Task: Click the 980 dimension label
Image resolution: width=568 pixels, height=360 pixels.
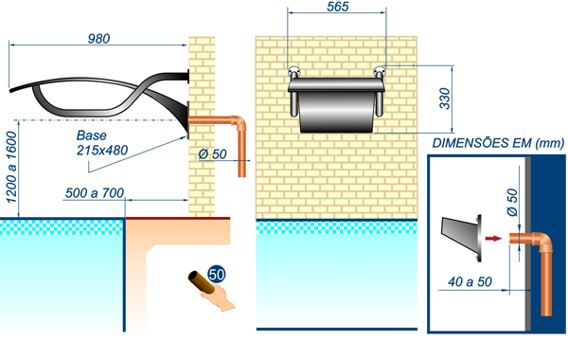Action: [x=98, y=39]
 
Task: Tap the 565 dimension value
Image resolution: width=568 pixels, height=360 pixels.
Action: [x=338, y=7]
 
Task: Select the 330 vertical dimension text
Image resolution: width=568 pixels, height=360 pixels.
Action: [x=445, y=99]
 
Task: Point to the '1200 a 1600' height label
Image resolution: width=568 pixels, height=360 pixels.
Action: [x=11, y=167]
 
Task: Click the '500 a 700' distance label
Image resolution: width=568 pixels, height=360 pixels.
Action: [x=95, y=193]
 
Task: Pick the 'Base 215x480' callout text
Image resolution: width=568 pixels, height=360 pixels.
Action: [x=102, y=143]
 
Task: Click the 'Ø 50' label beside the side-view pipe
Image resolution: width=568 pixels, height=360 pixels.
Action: [x=213, y=154]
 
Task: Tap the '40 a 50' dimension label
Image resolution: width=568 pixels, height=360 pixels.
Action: [x=470, y=281]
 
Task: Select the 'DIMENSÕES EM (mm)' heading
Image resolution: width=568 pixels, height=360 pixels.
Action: [x=498, y=143]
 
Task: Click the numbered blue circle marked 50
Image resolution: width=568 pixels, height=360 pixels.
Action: [x=217, y=275]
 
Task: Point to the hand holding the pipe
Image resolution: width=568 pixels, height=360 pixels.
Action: [x=219, y=298]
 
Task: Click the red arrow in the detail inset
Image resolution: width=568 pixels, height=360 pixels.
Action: [x=493, y=238]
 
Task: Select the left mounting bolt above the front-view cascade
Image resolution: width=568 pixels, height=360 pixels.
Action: [x=293, y=72]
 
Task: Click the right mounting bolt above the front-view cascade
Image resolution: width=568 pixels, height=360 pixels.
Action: [x=380, y=72]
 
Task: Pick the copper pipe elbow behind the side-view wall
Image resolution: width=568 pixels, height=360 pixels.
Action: [x=240, y=123]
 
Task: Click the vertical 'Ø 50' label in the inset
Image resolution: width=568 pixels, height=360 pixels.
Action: [x=512, y=202]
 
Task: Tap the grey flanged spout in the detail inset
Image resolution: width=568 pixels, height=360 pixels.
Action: [x=462, y=238]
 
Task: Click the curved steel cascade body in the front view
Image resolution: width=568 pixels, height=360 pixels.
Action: [x=336, y=105]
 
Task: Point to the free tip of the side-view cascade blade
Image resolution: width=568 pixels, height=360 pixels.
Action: [x=10, y=90]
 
